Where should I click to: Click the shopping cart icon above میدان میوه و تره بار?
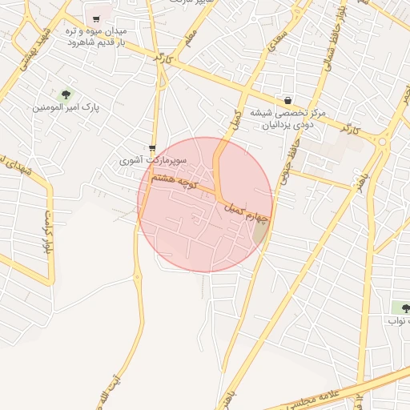pos(96,18)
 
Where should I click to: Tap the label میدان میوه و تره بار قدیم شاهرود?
pos(96,34)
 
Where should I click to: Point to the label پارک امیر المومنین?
pos(66,107)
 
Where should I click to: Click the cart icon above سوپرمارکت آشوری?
pos(152,147)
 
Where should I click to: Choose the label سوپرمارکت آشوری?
pos(153,160)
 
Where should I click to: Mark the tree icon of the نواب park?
pos(401,307)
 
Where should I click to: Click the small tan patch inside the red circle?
pos(260,232)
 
